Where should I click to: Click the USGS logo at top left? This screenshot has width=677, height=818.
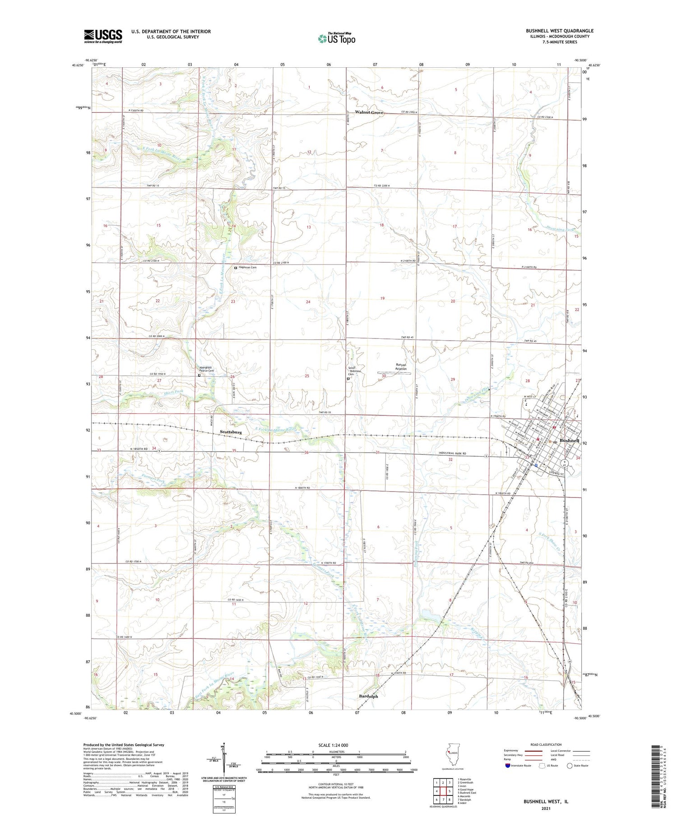click(x=103, y=36)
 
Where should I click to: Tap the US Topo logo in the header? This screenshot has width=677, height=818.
click(x=336, y=39)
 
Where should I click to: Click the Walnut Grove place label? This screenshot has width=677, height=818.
click(x=369, y=112)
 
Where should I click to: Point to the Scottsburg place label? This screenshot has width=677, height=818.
click(x=231, y=432)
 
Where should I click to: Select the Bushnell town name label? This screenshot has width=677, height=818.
click(x=569, y=440)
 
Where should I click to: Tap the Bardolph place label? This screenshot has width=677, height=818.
click(x=368, y=696)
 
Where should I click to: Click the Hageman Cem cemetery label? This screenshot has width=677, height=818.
click(x=247, y=268)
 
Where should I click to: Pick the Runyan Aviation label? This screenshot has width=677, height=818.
click(x=401, y=367)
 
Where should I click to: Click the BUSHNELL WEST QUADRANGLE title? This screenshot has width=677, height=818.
click(x=559, y=31)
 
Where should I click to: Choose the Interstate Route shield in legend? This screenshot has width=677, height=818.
click(x=508, y=765)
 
